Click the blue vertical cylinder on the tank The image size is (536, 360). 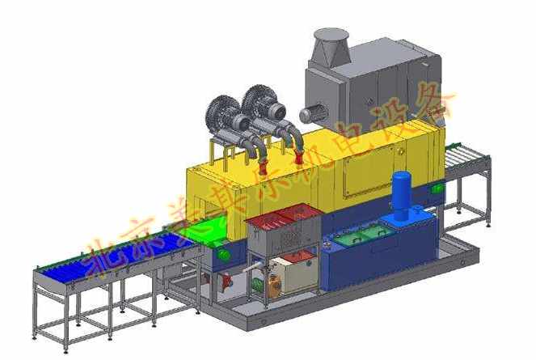[x=401, y=195]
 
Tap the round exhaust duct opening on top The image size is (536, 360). [x=331, y=34]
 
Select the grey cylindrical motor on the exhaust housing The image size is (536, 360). [x=313, y=113]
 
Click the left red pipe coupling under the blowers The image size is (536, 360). [x=264, y=167]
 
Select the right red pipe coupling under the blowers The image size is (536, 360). [x=299, y=157]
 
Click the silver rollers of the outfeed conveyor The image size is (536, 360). [x=466, y=155]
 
